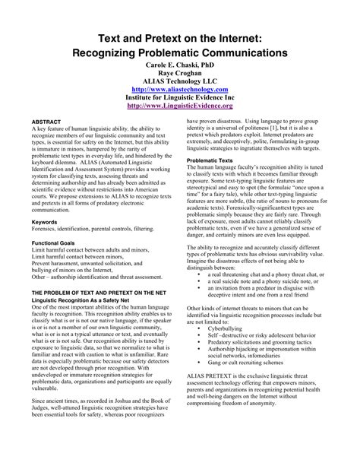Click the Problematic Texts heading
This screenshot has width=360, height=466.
coord(211,161)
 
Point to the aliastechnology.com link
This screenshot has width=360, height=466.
coord(179,88)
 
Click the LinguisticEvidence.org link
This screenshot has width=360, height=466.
coord(179,106)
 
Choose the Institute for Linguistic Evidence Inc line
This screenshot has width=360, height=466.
coord(179,97)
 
